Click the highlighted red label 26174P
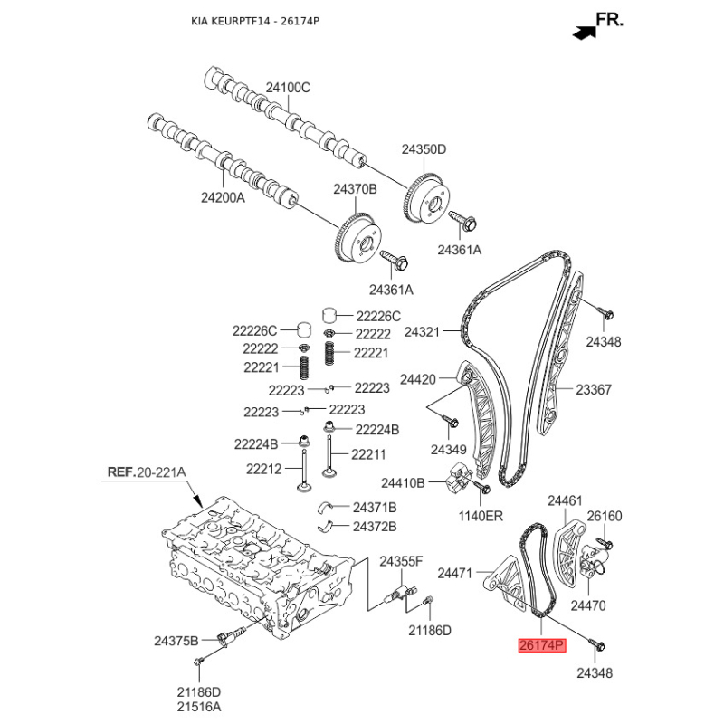tap(540, 645)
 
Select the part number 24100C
tap(288, 88)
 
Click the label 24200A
tap(223, 195)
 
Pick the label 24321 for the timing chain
tap(422, 332)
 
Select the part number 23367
tap(595, 390)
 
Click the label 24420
tap(418, 378)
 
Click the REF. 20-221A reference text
tap(147, 472)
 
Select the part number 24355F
tap(400, 562)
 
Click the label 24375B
tap(176, 641)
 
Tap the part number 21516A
tap(198, 706)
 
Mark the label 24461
tap(565, 500)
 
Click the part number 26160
tap(605, 516)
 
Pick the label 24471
tap(455, 573)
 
